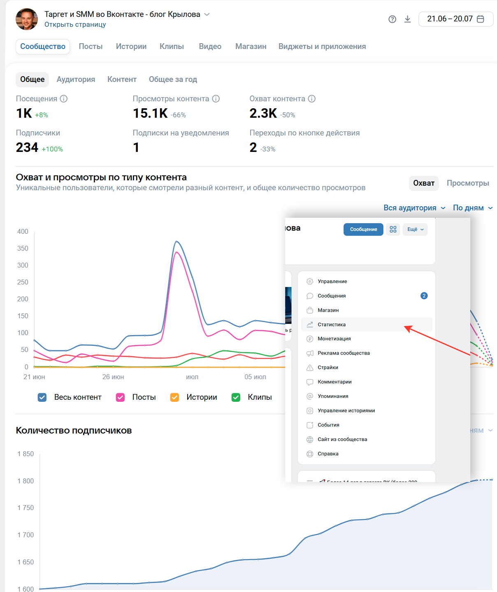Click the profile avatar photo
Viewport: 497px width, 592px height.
click(27, 19)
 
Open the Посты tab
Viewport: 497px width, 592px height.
click(91, 47)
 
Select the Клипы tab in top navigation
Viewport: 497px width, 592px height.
click(172, 47)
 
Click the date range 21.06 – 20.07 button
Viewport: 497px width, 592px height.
click(455, 19)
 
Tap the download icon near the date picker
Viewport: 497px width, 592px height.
click(407, 19)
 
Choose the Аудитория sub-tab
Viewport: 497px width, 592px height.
click(76, 79)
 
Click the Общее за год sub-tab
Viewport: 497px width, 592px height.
click(173, 79)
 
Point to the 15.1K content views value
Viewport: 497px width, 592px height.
click(150, 113)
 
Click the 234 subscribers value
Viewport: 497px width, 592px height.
click(27, 147)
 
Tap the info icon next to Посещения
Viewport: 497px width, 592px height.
click(64, 99)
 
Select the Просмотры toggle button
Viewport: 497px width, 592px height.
click(468, 183)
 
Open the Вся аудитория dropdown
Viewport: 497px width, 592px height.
click(414, 208)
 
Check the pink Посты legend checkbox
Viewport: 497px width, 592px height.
click(121, 397)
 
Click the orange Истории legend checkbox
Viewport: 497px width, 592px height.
click(175, 397)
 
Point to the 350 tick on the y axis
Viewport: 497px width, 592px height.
click(23, 248)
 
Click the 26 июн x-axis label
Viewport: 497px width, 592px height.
click(113, 377)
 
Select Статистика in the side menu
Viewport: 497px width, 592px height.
click(332, 324)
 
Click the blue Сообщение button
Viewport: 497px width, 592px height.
click(363, 229)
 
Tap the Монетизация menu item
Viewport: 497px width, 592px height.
click(334, 339)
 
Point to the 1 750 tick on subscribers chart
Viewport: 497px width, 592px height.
click(26, 508)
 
